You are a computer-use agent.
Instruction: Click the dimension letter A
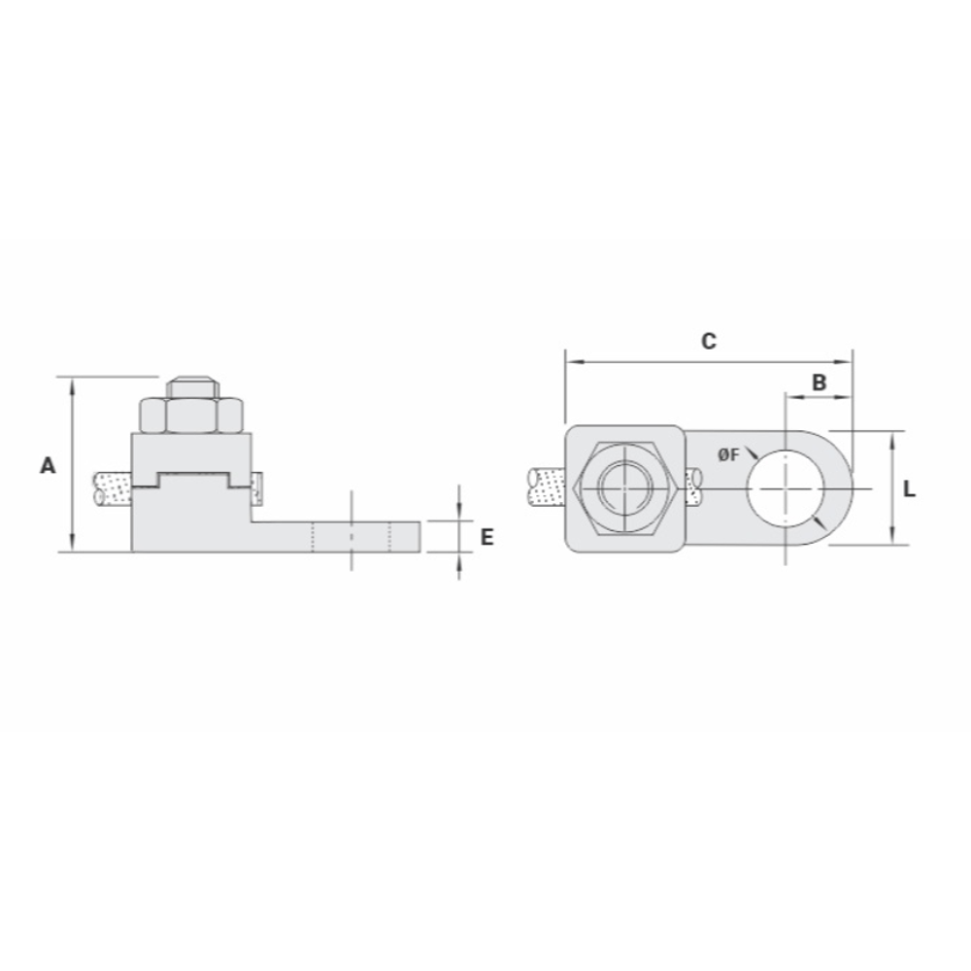point(48,465)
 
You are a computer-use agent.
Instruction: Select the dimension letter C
point(709,341)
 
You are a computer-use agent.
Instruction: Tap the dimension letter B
point(819,383)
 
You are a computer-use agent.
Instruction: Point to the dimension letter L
point(909,489)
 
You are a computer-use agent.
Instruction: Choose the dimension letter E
point(487,537)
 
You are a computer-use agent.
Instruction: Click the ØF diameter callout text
point(729,455)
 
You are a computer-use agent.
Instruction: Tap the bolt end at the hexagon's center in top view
point(625,487)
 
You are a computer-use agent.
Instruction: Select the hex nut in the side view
point(191,415)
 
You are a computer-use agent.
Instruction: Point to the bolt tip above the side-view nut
point(192,387)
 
